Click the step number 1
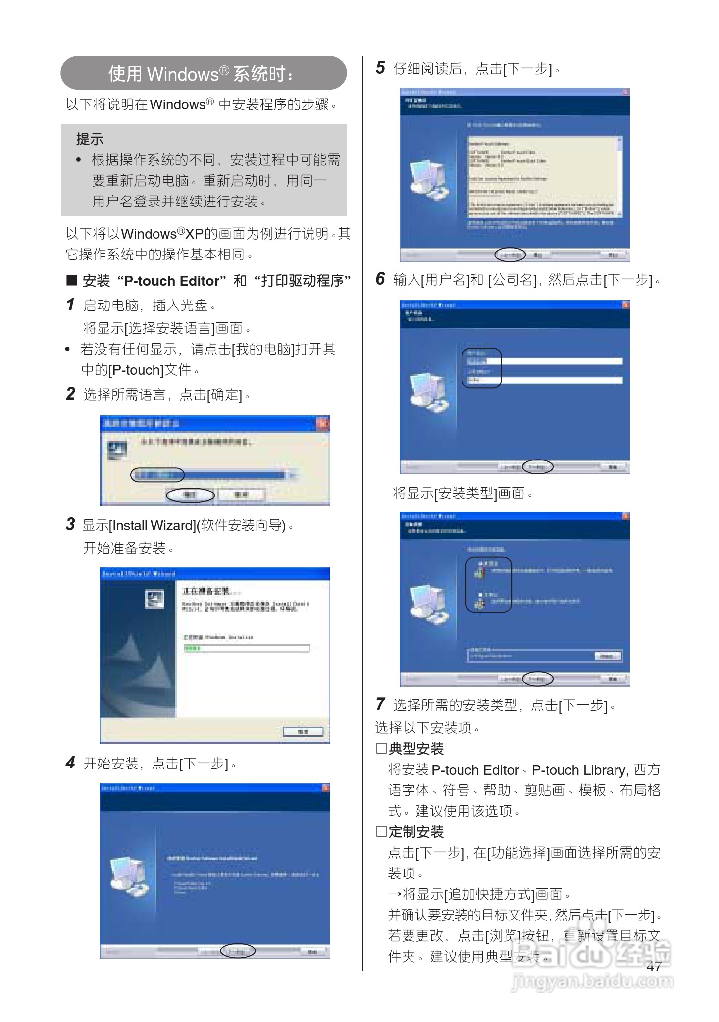click(x=71, y=305)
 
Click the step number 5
click(x=380, y=68)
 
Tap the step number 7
click(x=380, y=704)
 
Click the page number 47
click(x=654, y=966)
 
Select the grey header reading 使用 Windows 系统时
click(x=204, y=73)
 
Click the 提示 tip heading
click(x=90, y=139)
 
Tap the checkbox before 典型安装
click(x=381, y=748)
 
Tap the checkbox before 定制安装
click(x=381, y=831)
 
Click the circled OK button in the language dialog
click(x=190, y=494)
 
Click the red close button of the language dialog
click(x=323, y=423)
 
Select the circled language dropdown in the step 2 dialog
click(x=157, y=475)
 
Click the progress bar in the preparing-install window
click(x=247, y=648)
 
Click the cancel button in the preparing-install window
click(x=303, y=732)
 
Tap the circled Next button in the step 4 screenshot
click(x=238, y=951)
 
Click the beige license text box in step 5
click(x=544, y=176)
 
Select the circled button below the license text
click(x=510, y=255)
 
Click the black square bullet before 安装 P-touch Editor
click(x=72, y=281)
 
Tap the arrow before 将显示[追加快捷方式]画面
click(x=395, y=894)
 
